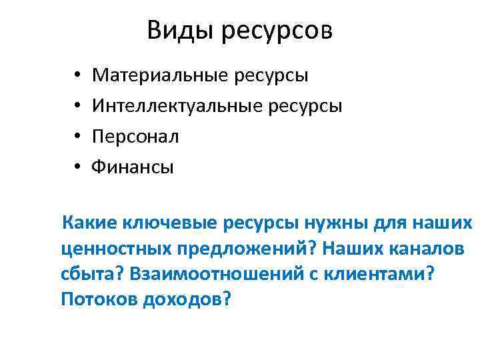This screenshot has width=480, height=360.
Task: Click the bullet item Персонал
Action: (135, 136)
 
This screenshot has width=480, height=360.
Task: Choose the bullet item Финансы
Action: (133, 167)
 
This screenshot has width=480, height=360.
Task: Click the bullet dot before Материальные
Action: (78, 75)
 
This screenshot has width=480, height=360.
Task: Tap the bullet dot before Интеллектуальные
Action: (78, 106)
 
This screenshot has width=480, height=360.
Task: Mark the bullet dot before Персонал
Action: (78, 137)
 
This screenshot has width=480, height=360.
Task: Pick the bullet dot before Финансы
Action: (78, 167)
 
